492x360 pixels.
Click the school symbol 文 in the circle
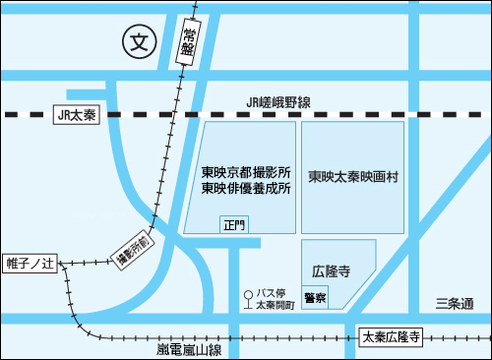point(140,41)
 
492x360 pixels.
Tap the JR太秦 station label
point(75,115)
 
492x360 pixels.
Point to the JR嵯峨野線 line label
point(278,102)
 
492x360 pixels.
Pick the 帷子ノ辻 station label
point(32,264)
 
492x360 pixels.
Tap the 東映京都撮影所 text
point(246,172)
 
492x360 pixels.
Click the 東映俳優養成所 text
point(246,189)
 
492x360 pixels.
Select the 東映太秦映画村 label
point(352,178)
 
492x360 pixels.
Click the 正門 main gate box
point(233,225)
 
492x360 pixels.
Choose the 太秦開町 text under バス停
point(275,306)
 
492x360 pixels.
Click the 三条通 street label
point(455,303)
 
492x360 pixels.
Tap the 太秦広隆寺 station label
point(392,337)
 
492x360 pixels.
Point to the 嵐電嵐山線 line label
point(190,349)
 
